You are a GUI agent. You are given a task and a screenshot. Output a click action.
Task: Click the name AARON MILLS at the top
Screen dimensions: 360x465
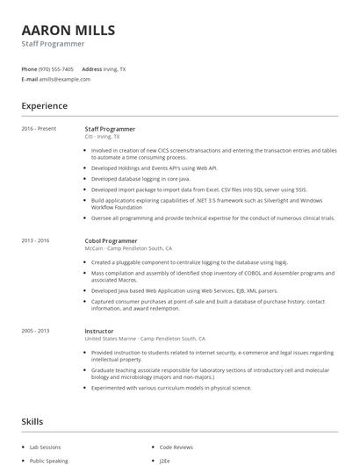68,30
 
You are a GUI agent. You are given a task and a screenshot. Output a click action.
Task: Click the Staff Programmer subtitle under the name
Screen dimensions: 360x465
53,44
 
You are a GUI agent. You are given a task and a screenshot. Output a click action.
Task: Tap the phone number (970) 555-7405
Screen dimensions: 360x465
56,68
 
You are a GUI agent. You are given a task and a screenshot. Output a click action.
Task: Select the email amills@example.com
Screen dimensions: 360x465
65,79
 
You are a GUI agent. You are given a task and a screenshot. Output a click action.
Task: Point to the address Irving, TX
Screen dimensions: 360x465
115,68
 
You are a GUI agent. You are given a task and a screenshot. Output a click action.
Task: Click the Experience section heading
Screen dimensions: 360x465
44,106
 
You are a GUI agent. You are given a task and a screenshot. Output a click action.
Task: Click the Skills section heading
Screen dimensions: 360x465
32,422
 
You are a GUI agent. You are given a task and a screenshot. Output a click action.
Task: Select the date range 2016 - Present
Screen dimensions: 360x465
39,129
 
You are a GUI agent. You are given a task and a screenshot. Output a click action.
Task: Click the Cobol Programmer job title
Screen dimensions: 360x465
111,240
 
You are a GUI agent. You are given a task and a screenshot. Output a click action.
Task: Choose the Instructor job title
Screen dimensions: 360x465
100,331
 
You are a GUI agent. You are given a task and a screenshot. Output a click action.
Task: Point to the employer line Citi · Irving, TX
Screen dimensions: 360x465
102,137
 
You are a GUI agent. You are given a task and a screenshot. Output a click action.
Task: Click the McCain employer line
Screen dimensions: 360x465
128,248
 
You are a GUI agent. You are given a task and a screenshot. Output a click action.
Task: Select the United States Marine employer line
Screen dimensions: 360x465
145,339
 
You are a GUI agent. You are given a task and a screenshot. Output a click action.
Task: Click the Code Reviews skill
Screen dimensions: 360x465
177,447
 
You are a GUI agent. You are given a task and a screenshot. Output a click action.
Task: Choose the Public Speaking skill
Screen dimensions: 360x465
49,460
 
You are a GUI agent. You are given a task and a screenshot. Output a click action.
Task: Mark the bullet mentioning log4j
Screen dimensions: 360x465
189,262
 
